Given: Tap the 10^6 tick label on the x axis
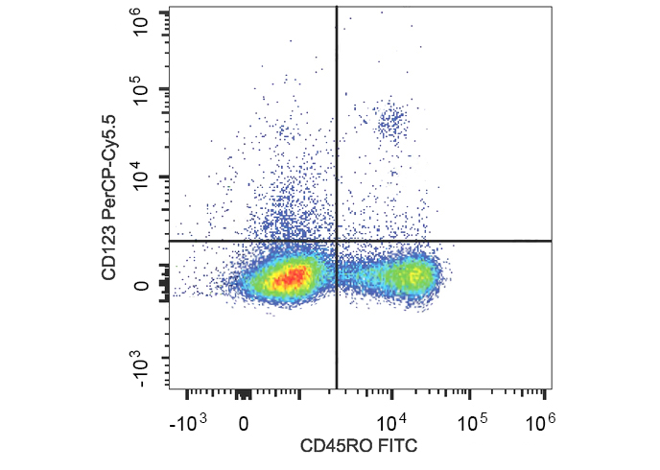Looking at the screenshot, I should tap(543, 422).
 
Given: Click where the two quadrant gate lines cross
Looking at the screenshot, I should tap(337, 241).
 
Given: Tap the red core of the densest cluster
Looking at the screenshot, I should tap(291, 278).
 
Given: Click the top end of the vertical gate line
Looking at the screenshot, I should tap(337, 7).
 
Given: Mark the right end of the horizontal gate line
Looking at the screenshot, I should tap(552, 241).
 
